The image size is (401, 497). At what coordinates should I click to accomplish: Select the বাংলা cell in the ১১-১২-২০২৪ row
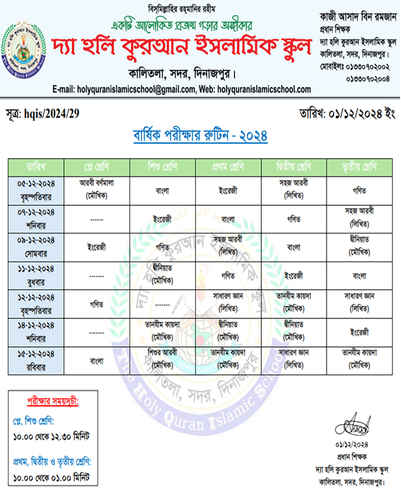(360, 274)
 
